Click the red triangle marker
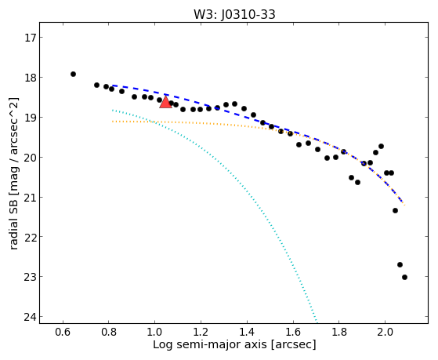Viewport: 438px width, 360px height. (x=165, y=102)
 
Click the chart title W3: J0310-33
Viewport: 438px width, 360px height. (x=234, y=14)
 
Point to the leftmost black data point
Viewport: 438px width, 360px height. (x=73, y=75)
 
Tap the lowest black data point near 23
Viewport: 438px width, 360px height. (x=404, y=277)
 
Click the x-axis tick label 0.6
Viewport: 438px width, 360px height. (x=63, y=333)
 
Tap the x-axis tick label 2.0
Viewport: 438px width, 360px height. (x=385, y=333)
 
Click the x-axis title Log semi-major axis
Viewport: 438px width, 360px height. (x=210, y=345)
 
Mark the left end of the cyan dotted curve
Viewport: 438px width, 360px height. (x=112, y=110)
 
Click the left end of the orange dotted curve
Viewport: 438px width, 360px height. (x=112, y=122)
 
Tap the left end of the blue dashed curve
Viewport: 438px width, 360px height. (x=112, y=85)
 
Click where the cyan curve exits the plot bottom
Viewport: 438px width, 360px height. (x=317, y=323)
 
